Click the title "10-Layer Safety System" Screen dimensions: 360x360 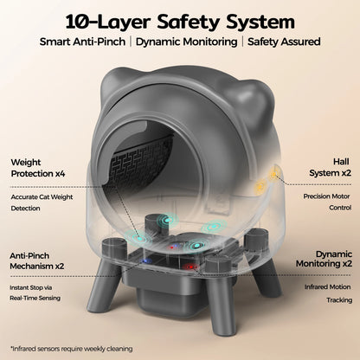click(180, 19)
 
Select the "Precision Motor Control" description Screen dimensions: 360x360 click(326, 202)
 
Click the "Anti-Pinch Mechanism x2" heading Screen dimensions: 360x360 click(42, 261)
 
